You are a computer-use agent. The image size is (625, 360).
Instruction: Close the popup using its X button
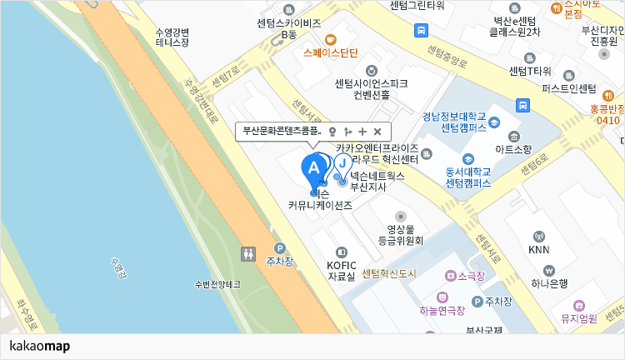click(377, 132)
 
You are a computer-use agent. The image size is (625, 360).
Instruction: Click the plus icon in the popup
click(362, 132)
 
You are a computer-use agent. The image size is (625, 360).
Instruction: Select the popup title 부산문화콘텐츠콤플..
click(282, 132)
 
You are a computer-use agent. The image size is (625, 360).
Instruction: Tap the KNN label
click(539, 249)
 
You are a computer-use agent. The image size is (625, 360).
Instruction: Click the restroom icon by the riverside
click(248, 253)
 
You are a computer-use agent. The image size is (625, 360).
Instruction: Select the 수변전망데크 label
click(217, 284)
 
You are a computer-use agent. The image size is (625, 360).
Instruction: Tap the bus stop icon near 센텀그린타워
click(422, 31)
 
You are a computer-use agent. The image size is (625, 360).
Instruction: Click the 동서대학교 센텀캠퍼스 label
click(467, 177)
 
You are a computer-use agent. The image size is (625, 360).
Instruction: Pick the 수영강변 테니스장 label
click(172, 37)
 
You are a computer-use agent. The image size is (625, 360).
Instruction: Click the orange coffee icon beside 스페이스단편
click(331, 39)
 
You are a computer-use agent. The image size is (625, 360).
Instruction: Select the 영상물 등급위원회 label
click(400, 234)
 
